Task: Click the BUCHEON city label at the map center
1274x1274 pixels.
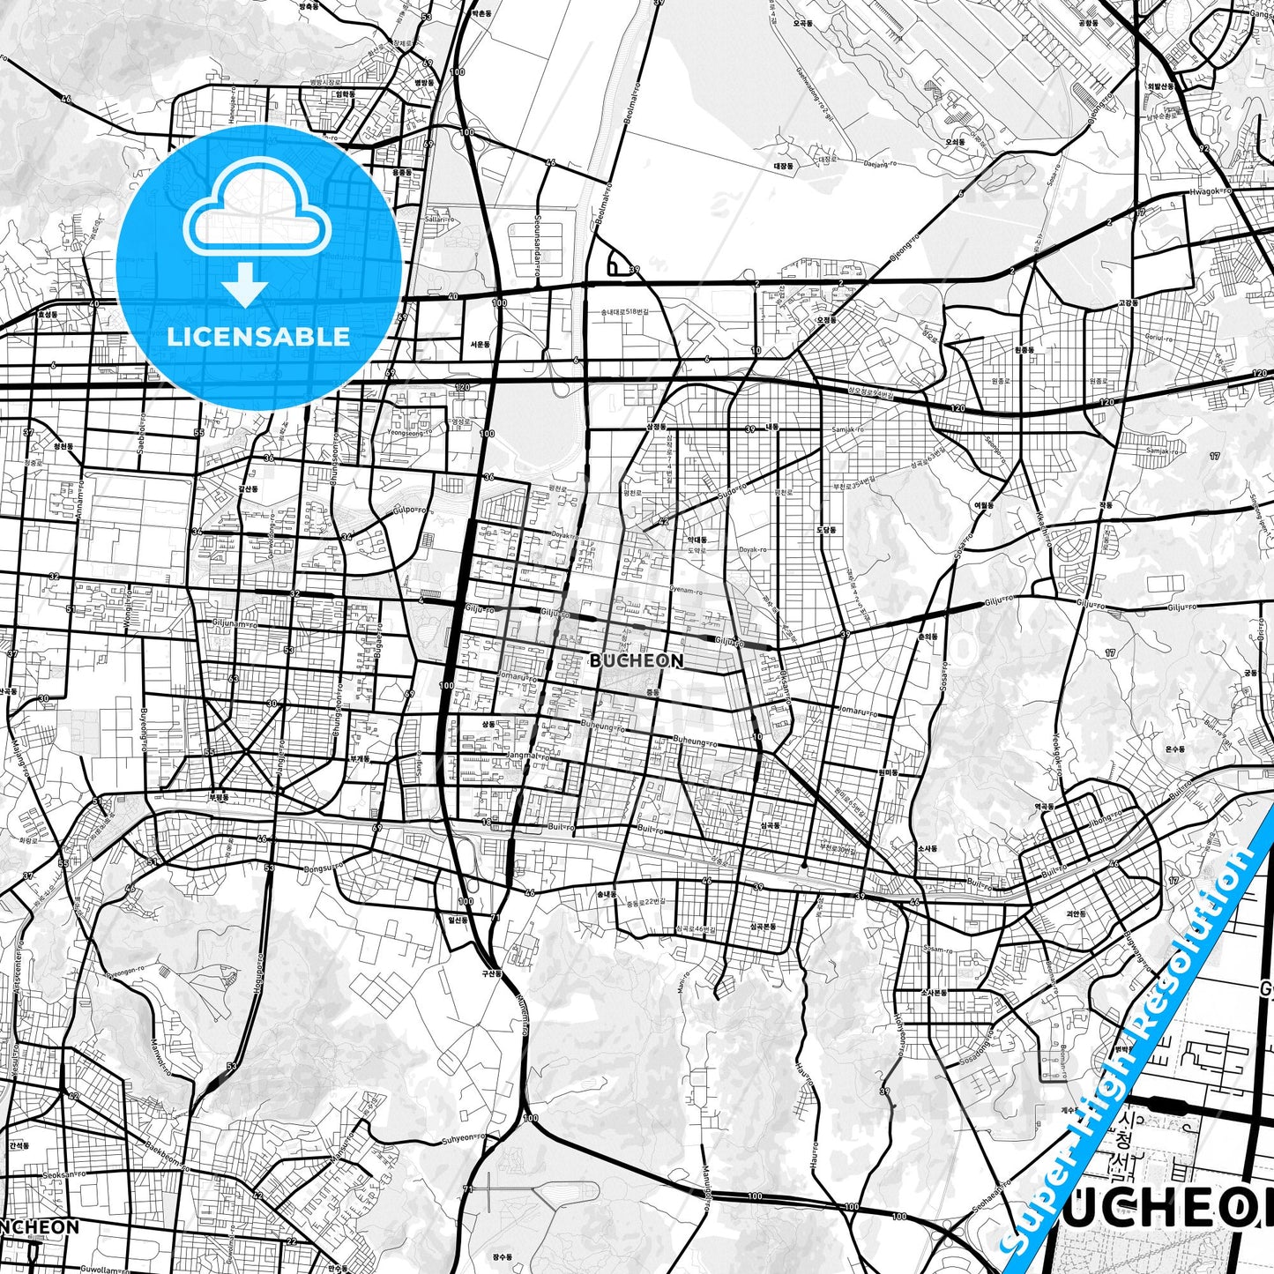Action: [636, 660]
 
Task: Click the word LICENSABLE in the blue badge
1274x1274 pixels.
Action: [258, 337]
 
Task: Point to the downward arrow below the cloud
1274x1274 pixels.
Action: [245, 284]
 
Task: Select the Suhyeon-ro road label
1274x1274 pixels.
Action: [464, 1137]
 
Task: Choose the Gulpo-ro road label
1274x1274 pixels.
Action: [410, 510]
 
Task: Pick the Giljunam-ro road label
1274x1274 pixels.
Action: [235, 624]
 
